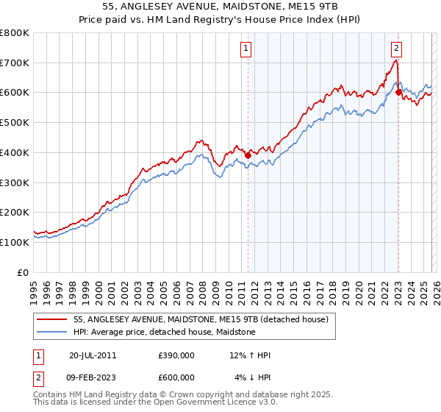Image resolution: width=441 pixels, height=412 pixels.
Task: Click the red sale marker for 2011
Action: (x=248, y=155)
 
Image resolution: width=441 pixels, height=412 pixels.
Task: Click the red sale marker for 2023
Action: (x=398, y=93)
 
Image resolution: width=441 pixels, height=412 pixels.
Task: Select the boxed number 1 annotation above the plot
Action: (x=245, y=49)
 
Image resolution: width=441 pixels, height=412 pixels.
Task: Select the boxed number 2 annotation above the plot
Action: (x=396, y=49)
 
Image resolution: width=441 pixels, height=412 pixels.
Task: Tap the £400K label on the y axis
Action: (x=15, y=152)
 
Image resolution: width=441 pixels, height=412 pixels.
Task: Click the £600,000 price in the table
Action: (x=176, y=377)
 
